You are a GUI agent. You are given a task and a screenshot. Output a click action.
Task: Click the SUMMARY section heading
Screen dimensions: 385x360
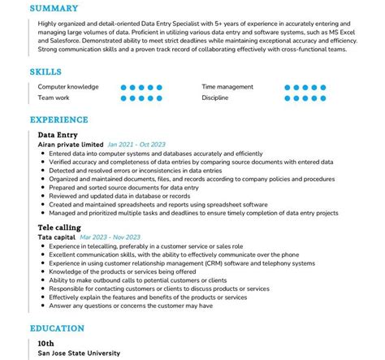54,9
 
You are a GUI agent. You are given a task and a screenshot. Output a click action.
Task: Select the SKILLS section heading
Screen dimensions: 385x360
46,72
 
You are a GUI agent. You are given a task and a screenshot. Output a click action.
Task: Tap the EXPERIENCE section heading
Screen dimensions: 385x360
59,119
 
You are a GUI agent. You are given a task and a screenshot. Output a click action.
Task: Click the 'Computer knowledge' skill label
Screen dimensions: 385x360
68,86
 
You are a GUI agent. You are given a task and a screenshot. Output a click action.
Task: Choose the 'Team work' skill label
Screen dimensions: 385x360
54,98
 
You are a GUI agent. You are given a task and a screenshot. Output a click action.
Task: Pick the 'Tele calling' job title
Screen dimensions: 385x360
59,228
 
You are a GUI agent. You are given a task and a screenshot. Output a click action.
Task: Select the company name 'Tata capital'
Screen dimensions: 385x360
59,237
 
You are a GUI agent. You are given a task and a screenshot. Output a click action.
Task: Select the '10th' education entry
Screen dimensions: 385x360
47,343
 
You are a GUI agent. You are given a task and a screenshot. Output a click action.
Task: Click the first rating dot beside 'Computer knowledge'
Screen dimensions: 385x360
123,86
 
